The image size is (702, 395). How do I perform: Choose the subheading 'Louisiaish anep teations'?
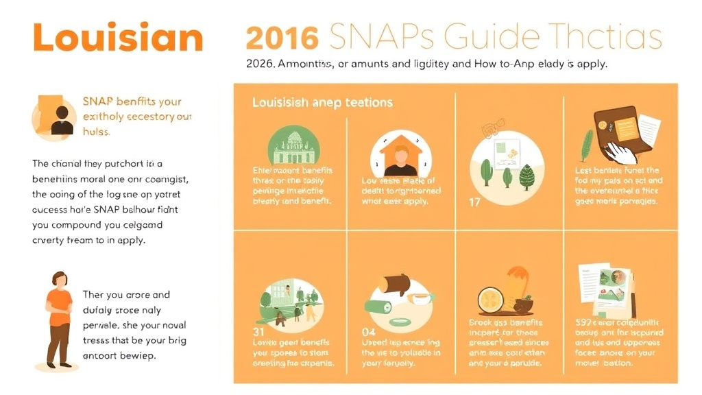coord(322,102)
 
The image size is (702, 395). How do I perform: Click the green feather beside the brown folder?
coord(588,145)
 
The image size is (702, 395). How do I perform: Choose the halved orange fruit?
coord(492,299)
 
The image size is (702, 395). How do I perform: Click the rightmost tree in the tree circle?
coord(526,176)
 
